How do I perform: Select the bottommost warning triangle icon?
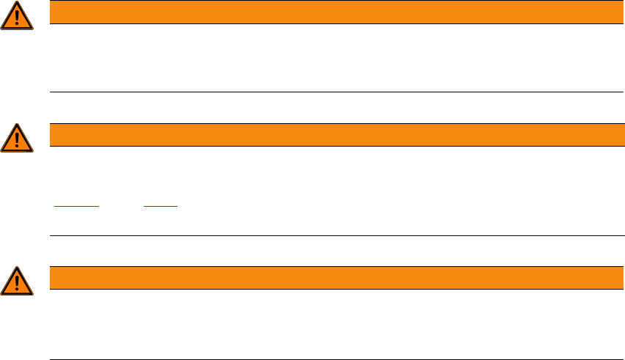pyautogui.click(x=17, y=281)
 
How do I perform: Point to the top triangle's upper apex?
pyautogui.click(x=17, y=3)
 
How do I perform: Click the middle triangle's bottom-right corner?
pyautogui.click(x=32, y=151)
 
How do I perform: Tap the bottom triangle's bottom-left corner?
pyautogui.click(x=2, y=293)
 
